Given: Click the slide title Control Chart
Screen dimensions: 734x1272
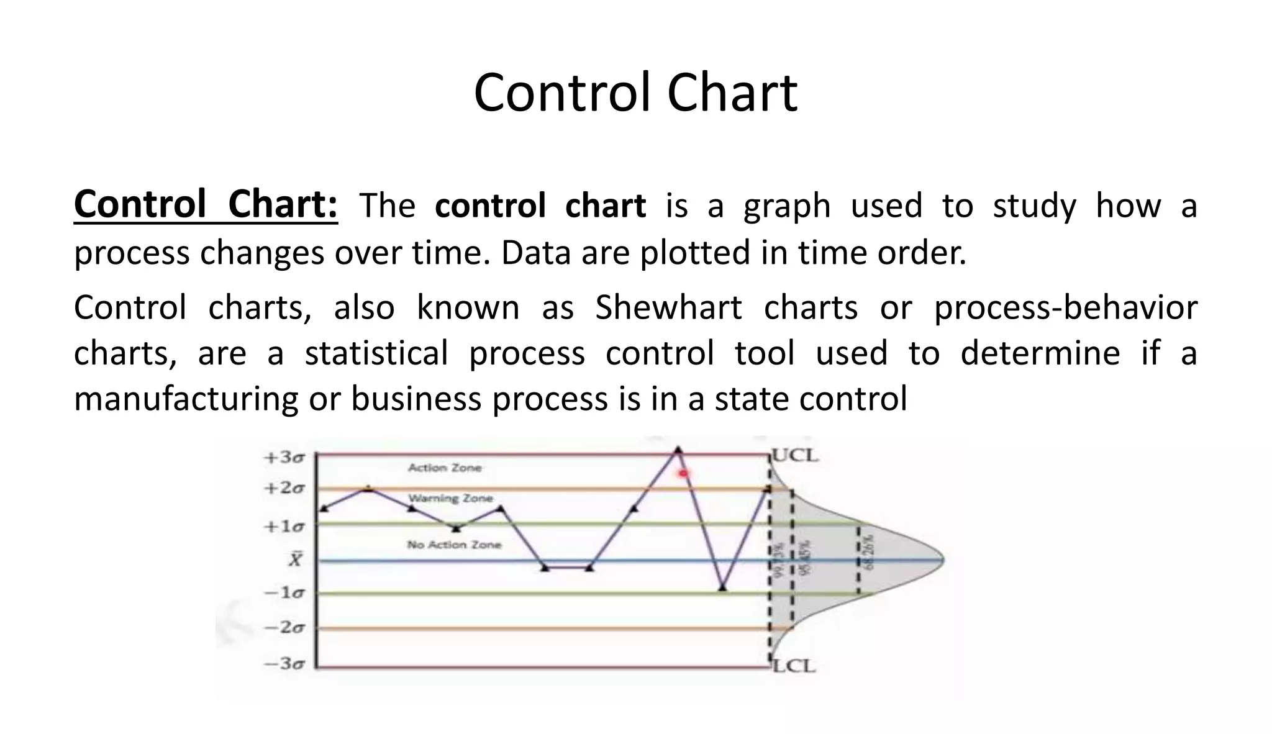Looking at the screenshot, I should [x=635, y=93].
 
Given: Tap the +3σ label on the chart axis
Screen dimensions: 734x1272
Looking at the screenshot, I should [x=284, y=458].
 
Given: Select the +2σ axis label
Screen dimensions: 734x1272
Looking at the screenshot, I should [x=284, y=488].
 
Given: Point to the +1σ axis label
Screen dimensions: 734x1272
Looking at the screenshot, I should [x=284, y=527].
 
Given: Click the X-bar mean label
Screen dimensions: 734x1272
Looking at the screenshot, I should [x=295, y=560].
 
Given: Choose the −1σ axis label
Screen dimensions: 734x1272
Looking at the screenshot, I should [x=284, y=592].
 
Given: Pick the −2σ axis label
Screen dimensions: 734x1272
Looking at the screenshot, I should [x=284, y=628].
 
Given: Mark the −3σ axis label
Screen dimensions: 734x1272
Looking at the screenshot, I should [x=284, y=664].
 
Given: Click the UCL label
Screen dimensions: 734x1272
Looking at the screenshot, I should [x=795, y=456].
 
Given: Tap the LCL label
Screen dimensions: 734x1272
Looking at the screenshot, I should [x=794, y=666].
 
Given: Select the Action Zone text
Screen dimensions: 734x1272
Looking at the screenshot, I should [x=445, y=468].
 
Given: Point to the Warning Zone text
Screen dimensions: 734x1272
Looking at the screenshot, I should [x=450, y=498].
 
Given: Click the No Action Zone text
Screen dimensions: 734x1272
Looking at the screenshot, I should [x=454, y=545].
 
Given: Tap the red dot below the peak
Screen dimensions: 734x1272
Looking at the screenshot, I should [x=684, y=474].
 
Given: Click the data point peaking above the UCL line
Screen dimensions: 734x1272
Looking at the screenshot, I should [x=678, y=449].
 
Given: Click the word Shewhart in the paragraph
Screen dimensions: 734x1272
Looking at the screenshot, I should [x=668, y=307].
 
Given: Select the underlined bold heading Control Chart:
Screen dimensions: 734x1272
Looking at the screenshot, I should [x=206, y=205].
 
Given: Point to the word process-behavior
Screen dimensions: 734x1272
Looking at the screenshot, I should [x=1065, y=307].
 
